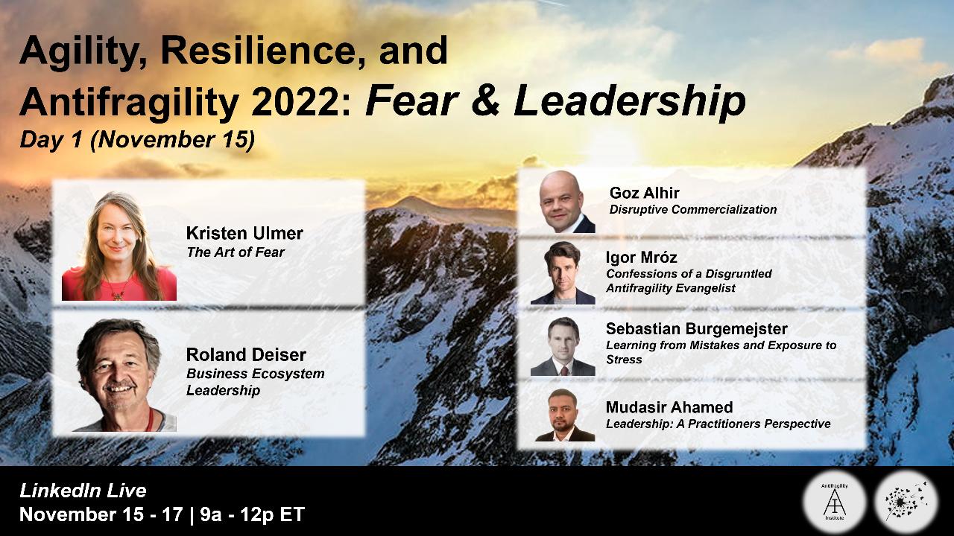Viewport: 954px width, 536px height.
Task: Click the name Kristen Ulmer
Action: click(244, 233)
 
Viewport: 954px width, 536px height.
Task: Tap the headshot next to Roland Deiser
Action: click(124, 374)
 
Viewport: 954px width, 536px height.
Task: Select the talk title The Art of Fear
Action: click(235, 252)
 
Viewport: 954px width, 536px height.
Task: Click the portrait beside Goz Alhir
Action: click(567, 202)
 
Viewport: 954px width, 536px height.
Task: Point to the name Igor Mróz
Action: click(642, 258)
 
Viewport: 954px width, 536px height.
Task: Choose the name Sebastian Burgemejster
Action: click(697, 328)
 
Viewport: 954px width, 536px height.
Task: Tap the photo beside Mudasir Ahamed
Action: click(565, 415)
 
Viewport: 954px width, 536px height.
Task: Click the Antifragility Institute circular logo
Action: click(834, 502)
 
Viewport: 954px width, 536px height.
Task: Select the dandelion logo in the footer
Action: click(906, 502)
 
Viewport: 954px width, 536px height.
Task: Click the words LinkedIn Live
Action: click(83, 491)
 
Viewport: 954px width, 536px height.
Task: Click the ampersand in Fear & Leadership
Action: click(486, 102)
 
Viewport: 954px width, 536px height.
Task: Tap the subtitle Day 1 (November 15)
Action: click(137, 140)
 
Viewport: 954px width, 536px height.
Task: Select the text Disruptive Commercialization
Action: click(693, 209)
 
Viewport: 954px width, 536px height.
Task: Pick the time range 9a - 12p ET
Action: click(253, 514)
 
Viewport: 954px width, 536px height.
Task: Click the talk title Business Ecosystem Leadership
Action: click(255, 382)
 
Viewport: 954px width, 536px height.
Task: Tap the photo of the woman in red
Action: click(119, 246)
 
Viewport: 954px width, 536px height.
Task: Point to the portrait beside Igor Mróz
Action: click(563, 273)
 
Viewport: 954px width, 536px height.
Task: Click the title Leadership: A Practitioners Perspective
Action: click(718, 424)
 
